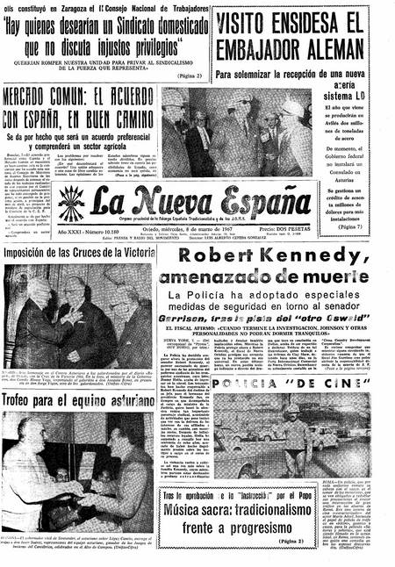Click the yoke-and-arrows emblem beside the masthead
pyautogui.click(x=70, y=204)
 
